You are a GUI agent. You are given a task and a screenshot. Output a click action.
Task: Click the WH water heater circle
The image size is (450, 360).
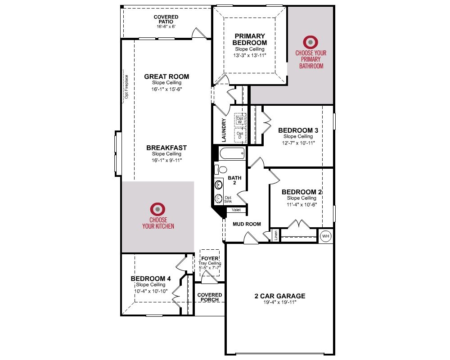pos(325,236)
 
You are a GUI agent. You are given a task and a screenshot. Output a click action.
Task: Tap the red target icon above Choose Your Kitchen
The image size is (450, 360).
pos(157,209)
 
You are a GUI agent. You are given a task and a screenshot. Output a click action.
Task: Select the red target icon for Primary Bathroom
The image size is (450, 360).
pos(310,42)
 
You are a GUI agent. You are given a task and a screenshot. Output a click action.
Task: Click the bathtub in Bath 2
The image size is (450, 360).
pos(232,153)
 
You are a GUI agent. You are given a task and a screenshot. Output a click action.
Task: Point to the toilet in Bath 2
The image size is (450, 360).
pos(220,170)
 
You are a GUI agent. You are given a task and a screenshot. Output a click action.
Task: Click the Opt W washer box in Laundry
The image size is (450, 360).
pos(240,120)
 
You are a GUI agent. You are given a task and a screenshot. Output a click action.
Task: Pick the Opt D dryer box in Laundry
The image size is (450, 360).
pos(240,135)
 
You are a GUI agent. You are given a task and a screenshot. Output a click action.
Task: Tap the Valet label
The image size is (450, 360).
pos(236,210)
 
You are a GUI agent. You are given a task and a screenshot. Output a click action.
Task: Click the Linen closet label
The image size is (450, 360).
pos(276,235)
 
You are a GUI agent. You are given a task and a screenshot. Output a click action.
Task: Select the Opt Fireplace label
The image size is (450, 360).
pos(126,87)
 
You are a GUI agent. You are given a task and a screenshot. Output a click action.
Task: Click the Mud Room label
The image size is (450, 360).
pos(247,224)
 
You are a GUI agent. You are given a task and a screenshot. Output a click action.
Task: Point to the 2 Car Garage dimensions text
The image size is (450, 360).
pos(280,302)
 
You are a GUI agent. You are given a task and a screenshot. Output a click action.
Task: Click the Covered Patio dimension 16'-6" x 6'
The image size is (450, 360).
pos(166,27)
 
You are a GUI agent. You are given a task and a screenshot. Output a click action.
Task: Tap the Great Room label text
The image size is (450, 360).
pos(166,76)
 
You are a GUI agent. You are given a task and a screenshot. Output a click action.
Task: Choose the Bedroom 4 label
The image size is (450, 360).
pos(151,279)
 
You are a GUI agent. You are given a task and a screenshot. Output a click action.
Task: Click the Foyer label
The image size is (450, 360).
pos(210,258)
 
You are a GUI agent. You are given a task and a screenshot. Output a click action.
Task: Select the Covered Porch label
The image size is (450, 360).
pos(210,297)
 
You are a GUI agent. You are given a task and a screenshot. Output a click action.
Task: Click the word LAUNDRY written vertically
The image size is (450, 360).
pos(224,130)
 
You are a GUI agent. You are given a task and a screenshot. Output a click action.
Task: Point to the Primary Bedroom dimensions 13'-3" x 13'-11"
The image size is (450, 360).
pos(250,55)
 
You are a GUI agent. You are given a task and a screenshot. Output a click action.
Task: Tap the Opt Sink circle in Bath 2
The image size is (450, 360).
pos(219,198)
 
